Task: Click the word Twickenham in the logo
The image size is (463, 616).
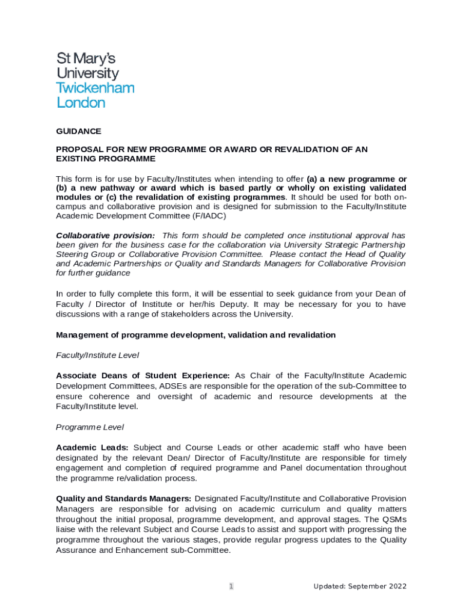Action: (x=95, y=88)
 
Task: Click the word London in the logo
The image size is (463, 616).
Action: (x=81, y=103)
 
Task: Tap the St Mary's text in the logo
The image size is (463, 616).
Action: (x=85, y=59)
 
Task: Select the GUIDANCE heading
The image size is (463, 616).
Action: (x=78, y=131)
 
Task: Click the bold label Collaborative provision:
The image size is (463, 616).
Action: (x=105, y=235)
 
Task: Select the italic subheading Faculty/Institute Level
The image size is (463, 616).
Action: (x=97, y=355)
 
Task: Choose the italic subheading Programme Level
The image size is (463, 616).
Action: (x=90, y=427)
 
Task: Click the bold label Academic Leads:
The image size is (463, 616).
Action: (x=92, y=448)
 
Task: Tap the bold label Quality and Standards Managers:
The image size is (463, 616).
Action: (x=124, y=499)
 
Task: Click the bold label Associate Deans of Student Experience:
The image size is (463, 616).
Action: (x=143, y=375)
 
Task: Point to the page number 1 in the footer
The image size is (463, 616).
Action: (x=231, y=587)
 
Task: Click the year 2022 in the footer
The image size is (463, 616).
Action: (x=397, y=587)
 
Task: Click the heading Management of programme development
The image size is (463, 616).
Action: (x=195, y=334)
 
